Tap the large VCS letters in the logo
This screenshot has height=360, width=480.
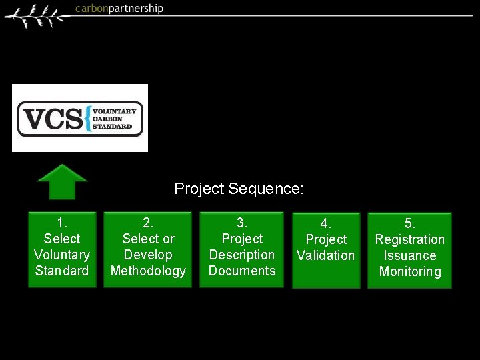click(51, 118)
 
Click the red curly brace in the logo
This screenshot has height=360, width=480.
click(87, 118)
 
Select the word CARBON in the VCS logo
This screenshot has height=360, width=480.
click(107, 119)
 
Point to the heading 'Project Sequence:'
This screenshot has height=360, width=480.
click(239, 189)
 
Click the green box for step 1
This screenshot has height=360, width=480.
click(62, 249)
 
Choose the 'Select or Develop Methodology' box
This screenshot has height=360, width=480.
click(148, 249)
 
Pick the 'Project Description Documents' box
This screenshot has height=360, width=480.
click(242, 249)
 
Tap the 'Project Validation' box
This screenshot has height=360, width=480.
click(326, 250)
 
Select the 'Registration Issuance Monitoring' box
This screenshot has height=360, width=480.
click(409, 250)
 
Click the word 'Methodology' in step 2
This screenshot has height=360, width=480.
click(148, 271)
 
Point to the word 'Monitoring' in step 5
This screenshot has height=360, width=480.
click(410, 271)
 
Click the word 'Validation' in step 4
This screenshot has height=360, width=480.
click(326, 255)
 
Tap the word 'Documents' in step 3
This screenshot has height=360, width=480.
click(242, 271)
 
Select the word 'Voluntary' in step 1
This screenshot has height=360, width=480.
click(62, 255)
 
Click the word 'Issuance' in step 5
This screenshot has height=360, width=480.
click(409, 255)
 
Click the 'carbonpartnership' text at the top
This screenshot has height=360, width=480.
click(119, 9)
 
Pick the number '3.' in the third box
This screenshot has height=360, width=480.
click(242, 223)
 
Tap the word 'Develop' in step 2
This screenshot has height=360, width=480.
click(148, 255)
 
